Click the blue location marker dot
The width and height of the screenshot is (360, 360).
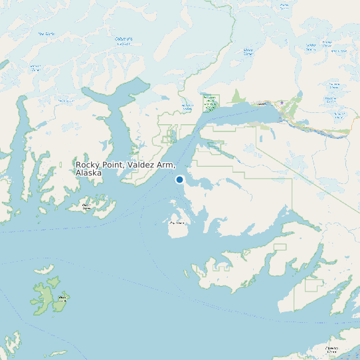tap(179, 179)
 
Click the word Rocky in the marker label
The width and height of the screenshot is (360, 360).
tap(87, 165)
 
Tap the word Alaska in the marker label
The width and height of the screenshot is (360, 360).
tap(88, 173)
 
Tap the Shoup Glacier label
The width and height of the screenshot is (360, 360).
tap(248, 51)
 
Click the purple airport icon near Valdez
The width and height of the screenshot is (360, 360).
tap(282, 102)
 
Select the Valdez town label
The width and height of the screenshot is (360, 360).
tap(262, 104)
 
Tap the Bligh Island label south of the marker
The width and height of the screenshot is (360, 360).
tap(177, 223)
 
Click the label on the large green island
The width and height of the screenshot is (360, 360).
tap(62, 298)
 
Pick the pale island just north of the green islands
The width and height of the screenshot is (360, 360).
tap(45, 270)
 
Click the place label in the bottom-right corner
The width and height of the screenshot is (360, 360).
tap(330, 348)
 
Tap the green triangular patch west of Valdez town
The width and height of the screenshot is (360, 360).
tap(238, 97)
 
